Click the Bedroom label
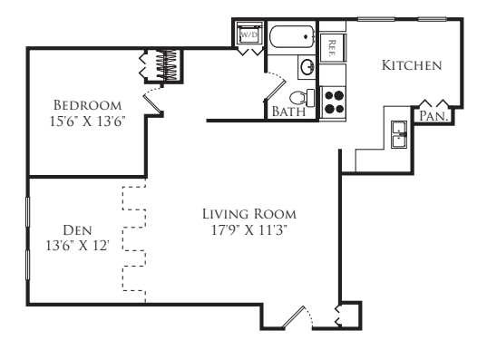[88, 105]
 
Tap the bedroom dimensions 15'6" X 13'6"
[88, 122]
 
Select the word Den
[77, 230]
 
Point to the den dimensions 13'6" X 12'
[77, 246]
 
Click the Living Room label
[249, 214]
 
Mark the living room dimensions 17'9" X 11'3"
[249, 230]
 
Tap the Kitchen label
[412, 65]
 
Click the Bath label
[288, 112]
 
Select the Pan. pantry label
[433, 116]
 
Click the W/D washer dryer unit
[249, 34]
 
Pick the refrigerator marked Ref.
[333, 48]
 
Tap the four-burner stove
[334, 102]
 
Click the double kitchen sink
[399, 135]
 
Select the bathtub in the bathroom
[292, 37]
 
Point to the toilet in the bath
[302, 98]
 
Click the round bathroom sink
[307, 67]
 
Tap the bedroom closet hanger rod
[167, 65]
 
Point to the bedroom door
[152, 100]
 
